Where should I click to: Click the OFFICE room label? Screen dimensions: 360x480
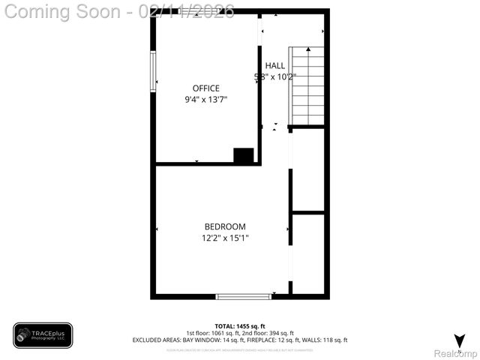[x=206, y=88]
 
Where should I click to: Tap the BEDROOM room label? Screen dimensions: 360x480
[x=225, y=227]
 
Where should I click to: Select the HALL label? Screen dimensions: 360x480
[x=274, y=66]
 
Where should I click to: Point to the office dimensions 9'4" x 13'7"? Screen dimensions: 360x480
[x=206, y=99]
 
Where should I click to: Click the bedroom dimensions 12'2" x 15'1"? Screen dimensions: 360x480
[x=225, y=238]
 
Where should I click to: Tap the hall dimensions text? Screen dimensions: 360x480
[x=275, y=76]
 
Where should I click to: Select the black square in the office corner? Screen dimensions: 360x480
[x=244, y=156]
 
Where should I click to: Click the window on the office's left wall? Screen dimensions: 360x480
[x=153, y=69]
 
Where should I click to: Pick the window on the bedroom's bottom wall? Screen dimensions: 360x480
[x=243, y=297]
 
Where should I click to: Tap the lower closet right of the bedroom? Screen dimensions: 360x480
[x=308, y=254]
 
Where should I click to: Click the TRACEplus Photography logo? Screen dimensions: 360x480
[x=43, y=335]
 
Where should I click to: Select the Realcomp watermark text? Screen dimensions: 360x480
[x=456, y=352]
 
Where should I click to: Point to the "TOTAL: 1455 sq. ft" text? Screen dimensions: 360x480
[x=240, y=326]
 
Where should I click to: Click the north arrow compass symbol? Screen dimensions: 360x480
[x=459, y=340]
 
